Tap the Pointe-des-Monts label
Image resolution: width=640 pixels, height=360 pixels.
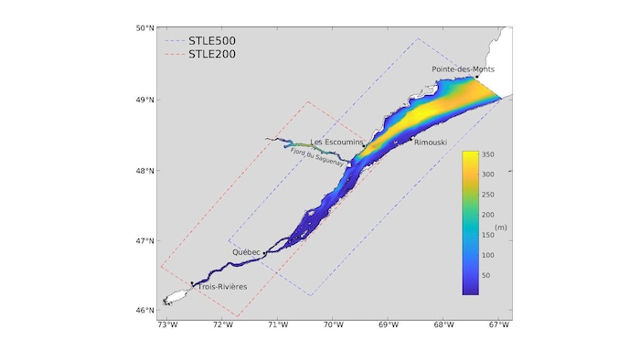(x=464, y=69)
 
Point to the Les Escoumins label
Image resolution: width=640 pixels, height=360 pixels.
(x=336, y=143)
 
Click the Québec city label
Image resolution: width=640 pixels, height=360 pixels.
(x=247, y=251)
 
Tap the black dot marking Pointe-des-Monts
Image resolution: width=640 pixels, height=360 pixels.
(x=477, y=77)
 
